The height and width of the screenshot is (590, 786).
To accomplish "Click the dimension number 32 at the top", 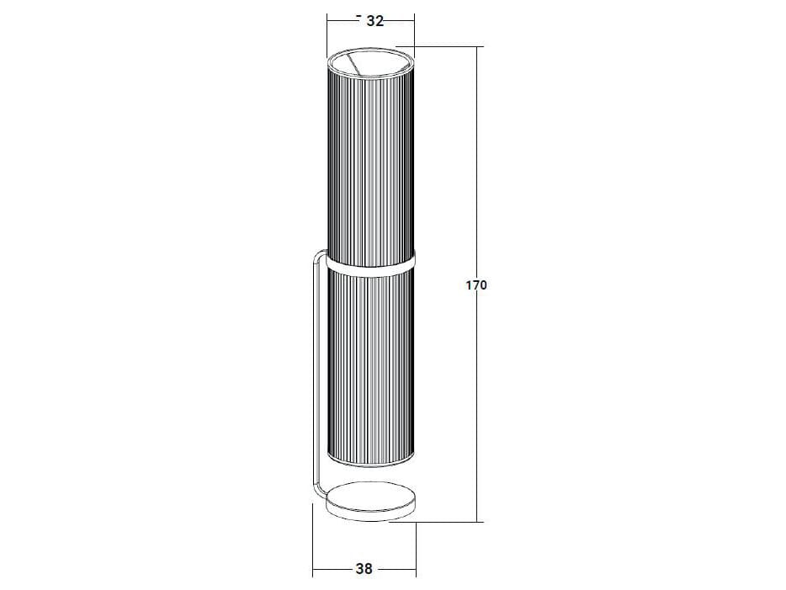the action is pos(375,21).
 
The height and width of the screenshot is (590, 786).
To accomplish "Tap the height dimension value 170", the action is pos(476,285).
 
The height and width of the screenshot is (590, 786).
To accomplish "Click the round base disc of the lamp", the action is pos(371,501).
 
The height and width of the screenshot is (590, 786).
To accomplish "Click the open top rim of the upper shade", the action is pos(371,64).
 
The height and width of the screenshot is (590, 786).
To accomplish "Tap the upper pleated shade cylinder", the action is pos(371,161).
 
